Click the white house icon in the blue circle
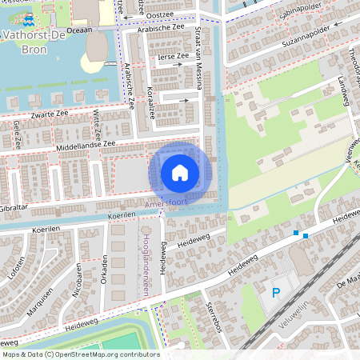tap(180, 172)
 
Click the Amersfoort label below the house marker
tap(166, 205)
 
